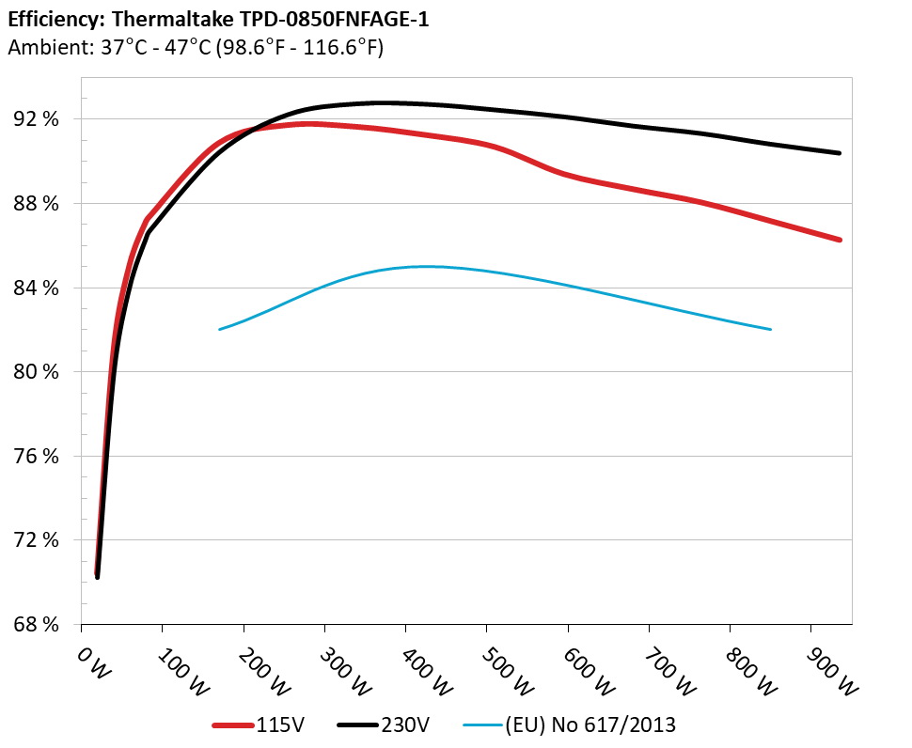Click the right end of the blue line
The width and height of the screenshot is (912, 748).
click(x=770, y=329)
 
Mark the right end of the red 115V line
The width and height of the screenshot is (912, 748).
click(x=839, y=240)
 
